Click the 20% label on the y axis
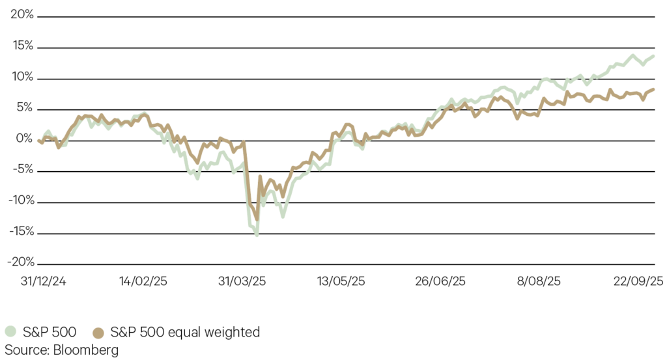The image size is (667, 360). click(x=22, y=15)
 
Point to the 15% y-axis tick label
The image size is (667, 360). click(x=22, y=47)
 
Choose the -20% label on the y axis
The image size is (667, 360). click(x=20, y=262)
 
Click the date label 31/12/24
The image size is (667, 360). click(x=39, y=281)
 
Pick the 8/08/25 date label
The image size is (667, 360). click(x=539, y=281)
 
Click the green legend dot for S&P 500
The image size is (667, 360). click(x=10, y=333)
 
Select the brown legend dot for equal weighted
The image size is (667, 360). click(x=99, y=333)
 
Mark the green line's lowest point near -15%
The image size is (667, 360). click(x=257, y=235)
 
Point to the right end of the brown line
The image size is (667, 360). click(x=653, y=90)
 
